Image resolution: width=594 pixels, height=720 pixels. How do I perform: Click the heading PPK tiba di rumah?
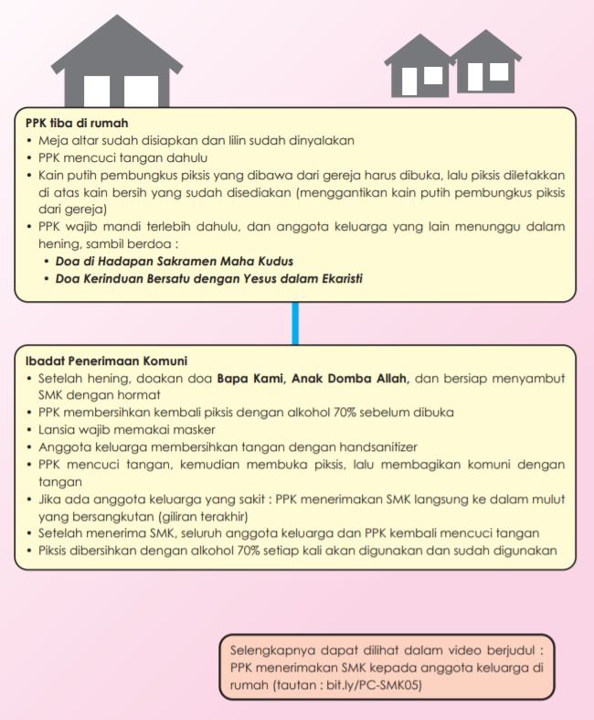(78, 123)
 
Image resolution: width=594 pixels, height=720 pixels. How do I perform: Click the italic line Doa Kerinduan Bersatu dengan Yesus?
(206, 278)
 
